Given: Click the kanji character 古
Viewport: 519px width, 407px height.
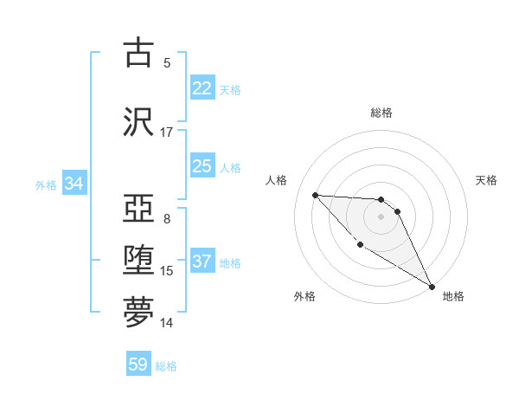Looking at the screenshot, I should pyautogui.click(x=138, y=53).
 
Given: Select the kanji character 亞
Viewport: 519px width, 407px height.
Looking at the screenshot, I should pyautogui.click(x=138, y=209).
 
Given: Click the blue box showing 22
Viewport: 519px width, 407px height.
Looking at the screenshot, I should pyautogui.click(x=202, y=88).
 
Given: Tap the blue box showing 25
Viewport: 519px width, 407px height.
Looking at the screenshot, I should pyautogui.click(x=202, y=166).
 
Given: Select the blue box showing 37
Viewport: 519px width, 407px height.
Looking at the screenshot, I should pyautogui.click(x=202, y=262).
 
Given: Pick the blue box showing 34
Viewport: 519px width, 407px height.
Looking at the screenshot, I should pyautogui.click(x=74, y=184).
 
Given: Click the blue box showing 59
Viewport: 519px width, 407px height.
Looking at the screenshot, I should pyautogui.click(x=138, y=365).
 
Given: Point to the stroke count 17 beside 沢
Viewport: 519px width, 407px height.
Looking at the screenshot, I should pyautogui.click(x=167, y=132).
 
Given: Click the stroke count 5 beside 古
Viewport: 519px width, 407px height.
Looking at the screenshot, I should pyautogui.click(x=167, y=62).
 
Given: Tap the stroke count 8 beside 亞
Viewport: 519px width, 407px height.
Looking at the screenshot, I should pyautogui.click(x=167, y=219).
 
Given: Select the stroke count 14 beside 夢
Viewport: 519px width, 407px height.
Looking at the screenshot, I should pyautogui.click(x=167, y=323).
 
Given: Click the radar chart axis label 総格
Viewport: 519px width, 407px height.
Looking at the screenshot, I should pyautogui.click(x=381, y=113).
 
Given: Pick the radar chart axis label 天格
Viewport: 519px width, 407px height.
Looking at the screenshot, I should pyautogui.click(x=487, y=180).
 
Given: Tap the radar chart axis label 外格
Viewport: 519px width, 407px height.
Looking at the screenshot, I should pyautogui.click(x=304, y=296).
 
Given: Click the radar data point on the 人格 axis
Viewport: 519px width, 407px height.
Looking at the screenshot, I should pyautogui.click(x=315, y=195).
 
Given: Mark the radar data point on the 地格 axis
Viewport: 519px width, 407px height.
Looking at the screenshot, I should pyautogui.click(x=433, y=287).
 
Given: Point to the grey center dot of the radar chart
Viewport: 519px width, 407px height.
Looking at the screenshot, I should pyautogui.click(x=381, y=216).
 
